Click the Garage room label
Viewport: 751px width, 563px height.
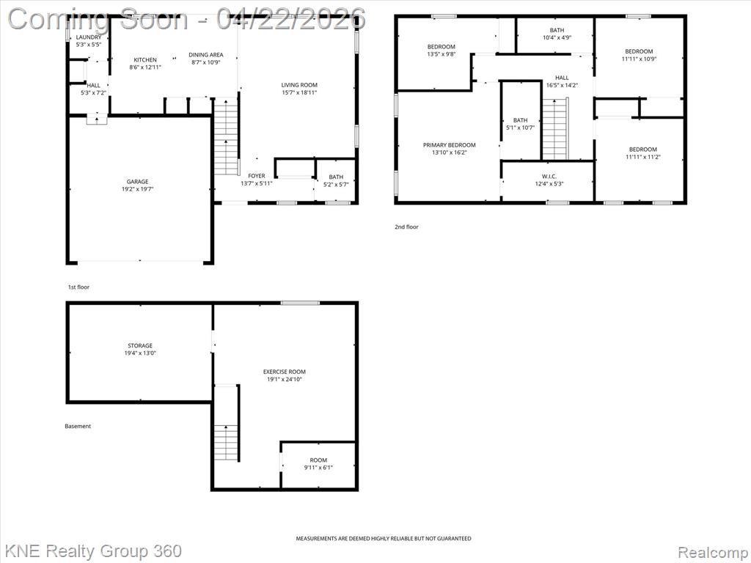[x=138, y=182]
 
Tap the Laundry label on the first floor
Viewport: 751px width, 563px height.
[x=89, y=37]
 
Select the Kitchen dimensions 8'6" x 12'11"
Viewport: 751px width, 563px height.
[x=144, y=67]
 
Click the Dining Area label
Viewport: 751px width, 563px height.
[x=205, y=55]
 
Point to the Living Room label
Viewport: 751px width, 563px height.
[x=299, y=85]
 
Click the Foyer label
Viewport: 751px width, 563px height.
[x=257, y=176]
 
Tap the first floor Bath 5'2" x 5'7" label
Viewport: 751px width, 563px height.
[x=336, y=177]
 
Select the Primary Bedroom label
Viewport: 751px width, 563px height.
[x=449, y=145]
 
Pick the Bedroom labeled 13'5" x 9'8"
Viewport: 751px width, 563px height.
[x=442, y=47]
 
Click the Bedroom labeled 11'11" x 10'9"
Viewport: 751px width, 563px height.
[x=638, y=51]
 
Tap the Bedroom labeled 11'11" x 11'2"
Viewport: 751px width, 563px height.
[x=642, y=150]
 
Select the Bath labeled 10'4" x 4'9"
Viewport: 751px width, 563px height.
[x=557, y=30]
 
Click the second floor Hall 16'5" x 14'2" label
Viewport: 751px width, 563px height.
[x=562, y=78]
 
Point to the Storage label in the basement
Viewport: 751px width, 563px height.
[x=140, y=345]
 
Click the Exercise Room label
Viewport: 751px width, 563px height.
[x=284, y=372]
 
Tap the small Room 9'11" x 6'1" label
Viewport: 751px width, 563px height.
[x=318, y=460]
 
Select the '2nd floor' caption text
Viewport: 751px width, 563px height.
[x=406, y=227]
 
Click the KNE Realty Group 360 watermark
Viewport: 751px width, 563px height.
[x=93, y=551]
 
